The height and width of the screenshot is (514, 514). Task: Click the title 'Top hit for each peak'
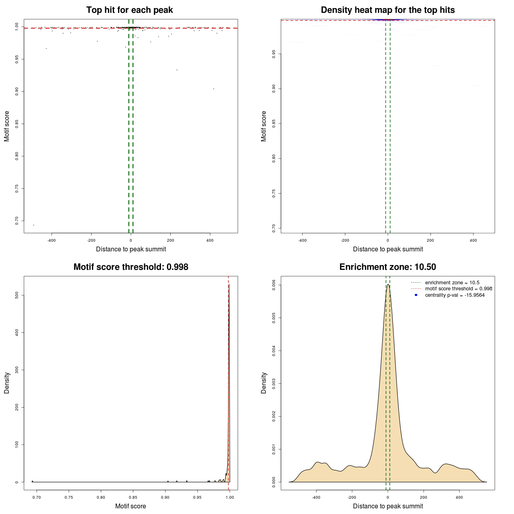point(129,10)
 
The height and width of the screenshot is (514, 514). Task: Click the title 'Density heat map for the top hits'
point(388,10)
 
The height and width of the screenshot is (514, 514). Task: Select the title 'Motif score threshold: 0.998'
point(131,267)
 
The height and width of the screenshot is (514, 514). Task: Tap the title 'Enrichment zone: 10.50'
point(388,267)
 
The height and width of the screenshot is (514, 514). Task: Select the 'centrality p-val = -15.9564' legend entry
point(455,295)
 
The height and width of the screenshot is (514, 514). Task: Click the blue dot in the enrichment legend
point(416,295)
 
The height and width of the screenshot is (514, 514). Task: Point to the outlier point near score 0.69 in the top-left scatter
point(33,225)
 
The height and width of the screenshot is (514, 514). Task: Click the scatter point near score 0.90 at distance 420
point(214,89)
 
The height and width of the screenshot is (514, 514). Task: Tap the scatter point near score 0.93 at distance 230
point(177,70)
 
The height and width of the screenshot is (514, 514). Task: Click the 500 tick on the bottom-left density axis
point(17,295)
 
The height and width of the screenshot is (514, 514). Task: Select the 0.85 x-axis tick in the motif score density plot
point(133,497)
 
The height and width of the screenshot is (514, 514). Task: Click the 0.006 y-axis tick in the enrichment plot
point(274,285)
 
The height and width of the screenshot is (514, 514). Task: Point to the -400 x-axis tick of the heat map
point(302,241)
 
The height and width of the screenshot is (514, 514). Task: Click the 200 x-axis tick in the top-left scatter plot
point(170,241)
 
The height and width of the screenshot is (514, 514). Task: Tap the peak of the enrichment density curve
point(388,284)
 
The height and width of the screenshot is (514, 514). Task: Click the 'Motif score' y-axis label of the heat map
point(264,126)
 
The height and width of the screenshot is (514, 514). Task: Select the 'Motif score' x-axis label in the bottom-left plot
point(131,506)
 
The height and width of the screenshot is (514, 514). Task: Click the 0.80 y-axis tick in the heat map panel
point(274,159)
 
